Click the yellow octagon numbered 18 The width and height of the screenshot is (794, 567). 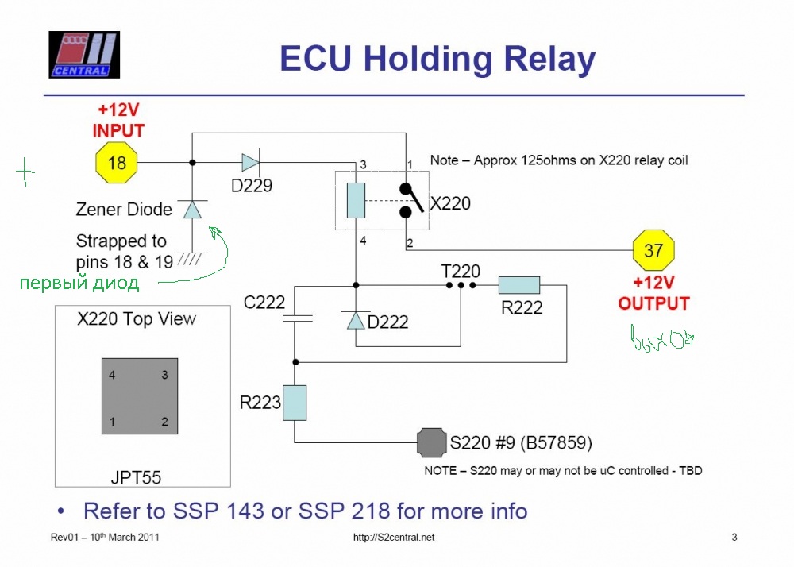click(x=117, y=163)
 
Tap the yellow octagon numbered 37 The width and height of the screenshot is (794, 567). click(x=653, y=251)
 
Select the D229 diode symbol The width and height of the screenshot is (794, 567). click(x=249, y=163)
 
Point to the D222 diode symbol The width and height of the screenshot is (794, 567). click(x=355, y=320)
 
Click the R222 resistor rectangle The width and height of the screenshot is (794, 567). click(x=519, y=285)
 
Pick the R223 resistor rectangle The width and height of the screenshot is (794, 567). click(x=295, y=403)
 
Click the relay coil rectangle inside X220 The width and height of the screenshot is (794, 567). click(x=356, y=200)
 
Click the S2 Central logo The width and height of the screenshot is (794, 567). click(x=83, y=55)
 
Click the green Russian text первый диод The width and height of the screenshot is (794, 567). click(x=79, y=283)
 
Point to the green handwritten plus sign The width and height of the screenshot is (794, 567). click(x=26, y=170)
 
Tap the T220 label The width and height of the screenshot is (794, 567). click(x=461, y=272)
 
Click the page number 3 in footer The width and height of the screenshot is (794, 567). click(x=734, y=538)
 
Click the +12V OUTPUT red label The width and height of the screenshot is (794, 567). click(x=653, y=295)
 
